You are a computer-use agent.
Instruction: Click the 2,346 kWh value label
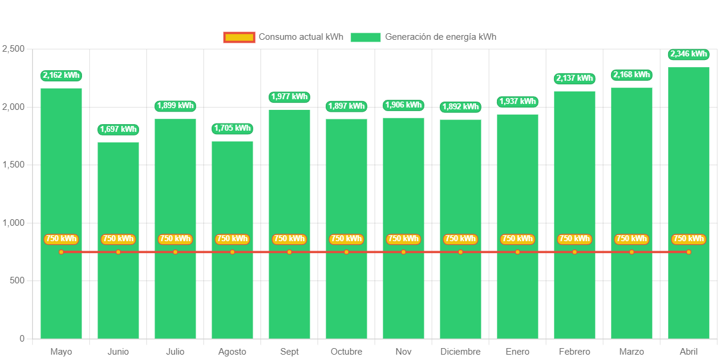688,54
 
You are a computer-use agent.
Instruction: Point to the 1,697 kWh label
118,129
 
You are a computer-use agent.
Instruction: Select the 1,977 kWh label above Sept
289,96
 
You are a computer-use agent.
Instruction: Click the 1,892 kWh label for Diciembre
461,107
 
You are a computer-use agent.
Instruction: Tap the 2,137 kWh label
574,78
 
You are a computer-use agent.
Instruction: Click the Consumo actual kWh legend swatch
239,37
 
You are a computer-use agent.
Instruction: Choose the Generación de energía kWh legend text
440,37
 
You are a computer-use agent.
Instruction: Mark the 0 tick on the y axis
22,338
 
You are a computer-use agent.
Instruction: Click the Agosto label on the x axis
232,352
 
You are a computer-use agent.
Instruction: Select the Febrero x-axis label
574,352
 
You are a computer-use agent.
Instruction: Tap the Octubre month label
347,352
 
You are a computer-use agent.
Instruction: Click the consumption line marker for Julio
175,252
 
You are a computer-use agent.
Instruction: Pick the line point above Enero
518,252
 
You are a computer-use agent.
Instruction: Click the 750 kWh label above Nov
404,239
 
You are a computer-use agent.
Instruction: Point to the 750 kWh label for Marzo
631,239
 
